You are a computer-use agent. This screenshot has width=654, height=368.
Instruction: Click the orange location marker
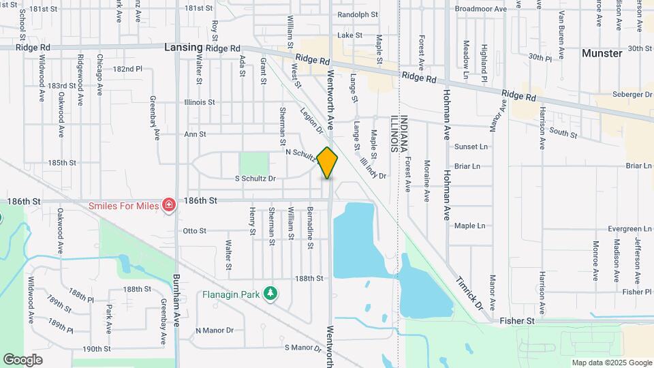328,163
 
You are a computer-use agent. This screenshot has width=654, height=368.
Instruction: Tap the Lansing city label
183,48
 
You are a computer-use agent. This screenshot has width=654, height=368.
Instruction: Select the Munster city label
602,53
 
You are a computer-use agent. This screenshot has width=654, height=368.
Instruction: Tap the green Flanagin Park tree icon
272,294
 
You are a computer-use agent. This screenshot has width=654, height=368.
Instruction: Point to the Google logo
22,359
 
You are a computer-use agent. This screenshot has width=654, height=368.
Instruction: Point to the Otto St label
194,231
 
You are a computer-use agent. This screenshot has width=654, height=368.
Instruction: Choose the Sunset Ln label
471,147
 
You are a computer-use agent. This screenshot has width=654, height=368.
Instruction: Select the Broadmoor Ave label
481,10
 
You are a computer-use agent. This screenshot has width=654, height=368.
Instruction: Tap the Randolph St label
357,14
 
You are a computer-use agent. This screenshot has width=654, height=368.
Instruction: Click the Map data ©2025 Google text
611,363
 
